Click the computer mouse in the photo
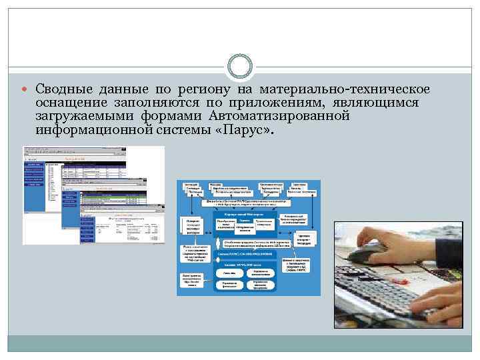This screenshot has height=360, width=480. (x=371, y=254)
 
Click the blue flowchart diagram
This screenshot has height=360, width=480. (x=248, y=237)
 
